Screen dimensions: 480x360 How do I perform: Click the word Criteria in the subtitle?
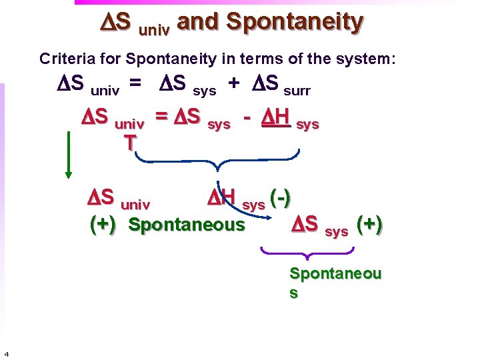click(65, 59)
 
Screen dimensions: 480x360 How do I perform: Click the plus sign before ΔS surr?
click(234, 83)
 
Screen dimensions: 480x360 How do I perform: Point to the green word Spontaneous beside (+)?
click(187, 225)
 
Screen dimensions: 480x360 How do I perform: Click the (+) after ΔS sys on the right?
click(369, 225)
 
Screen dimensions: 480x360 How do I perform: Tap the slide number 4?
click(6, 353)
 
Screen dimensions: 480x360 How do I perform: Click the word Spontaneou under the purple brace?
click(335, 273)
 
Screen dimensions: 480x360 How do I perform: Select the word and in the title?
click(199, 22)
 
